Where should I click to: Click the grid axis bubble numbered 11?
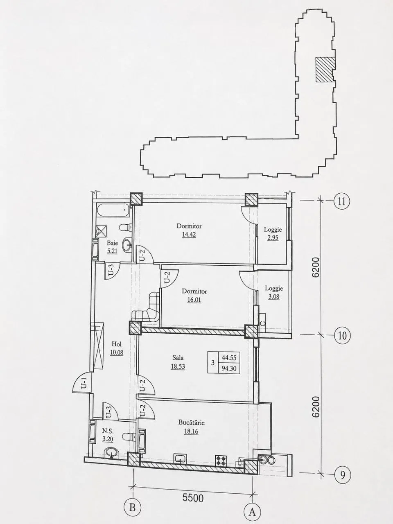pos(342,201)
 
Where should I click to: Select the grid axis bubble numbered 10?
pos(342,336)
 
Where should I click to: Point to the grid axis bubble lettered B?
pos(132,506)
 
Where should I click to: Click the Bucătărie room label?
pos(191,422)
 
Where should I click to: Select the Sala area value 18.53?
pos(178,366)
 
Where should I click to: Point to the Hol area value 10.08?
pos(117,352)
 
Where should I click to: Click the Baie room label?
pos(112,243)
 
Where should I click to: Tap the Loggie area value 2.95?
pos(273,238)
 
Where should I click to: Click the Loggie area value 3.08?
pos(274,297)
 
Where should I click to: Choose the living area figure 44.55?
pos(229,358)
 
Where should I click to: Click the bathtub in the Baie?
pos(113,210)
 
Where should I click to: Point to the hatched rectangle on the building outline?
pos(324,70)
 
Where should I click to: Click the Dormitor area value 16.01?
pos(194,300)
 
